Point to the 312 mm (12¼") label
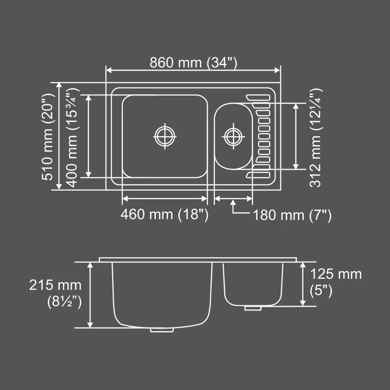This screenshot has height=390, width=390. point(316,137)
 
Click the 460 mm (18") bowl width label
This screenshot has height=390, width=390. point(164,214)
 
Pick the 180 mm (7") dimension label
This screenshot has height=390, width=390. point(292,216)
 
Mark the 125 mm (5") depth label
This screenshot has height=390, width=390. point(335,282)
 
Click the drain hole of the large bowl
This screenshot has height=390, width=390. point(165,136)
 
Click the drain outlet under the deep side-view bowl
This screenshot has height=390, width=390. point(162,330)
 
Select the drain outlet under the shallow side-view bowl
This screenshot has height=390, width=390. point(253,308)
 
